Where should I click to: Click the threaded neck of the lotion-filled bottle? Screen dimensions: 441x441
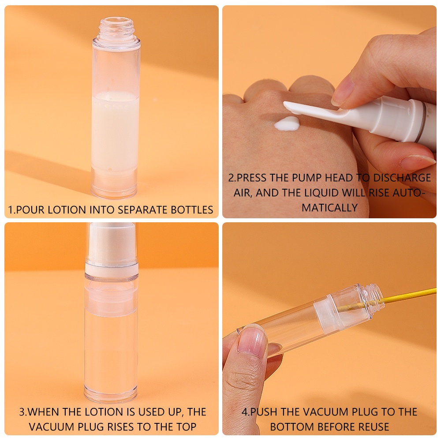coord(116,27)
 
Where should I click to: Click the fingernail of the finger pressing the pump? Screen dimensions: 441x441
coord(343,90)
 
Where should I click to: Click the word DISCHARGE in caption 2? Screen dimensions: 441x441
coord(402,178)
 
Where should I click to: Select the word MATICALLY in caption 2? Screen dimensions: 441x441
coord(329,208)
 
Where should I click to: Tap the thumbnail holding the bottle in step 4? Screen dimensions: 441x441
coord(252,340)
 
